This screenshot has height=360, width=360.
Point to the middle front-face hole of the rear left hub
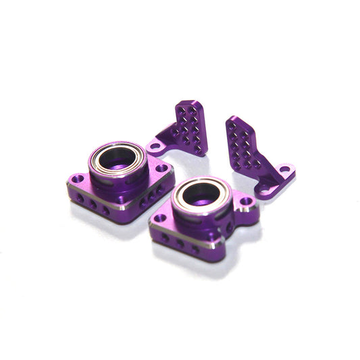tap(94, 204)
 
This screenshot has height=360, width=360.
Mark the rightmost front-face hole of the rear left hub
tap(106, 210)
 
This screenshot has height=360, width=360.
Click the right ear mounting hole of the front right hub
tap(246, 201)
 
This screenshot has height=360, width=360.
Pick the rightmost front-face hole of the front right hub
tap(195, 249)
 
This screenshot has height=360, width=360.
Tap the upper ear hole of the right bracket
tap(284, 169)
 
